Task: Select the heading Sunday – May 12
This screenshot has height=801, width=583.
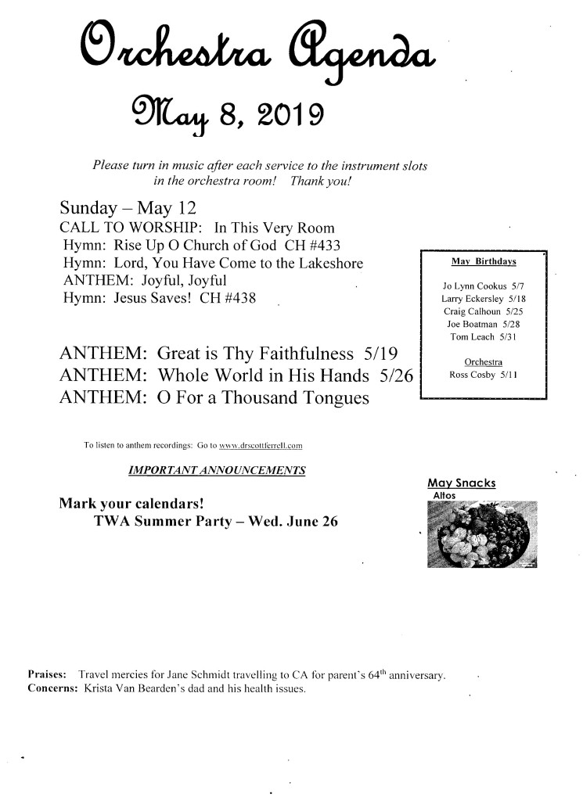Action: (127, 209)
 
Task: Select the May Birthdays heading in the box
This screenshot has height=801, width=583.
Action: (484, 261)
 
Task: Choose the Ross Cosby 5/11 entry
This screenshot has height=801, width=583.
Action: (483, 375)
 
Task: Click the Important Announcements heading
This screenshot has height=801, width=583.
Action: (216, 471)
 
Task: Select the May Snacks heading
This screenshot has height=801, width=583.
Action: (462, 483)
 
